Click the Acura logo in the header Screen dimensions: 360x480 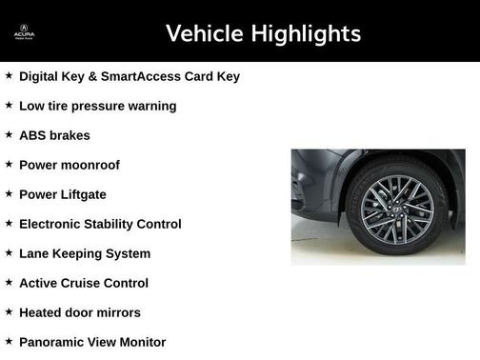click(23, 33)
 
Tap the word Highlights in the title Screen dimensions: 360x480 click(304, 34)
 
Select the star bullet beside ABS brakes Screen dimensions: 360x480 click(9, 135)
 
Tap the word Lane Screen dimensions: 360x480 click(35, 253)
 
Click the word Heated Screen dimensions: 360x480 click(42, 312)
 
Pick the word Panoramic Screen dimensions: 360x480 click(54, 342)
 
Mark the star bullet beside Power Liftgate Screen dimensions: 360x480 click(9, 194)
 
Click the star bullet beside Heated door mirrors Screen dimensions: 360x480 click(9, 312)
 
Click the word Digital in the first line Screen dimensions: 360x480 click(42, 76)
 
